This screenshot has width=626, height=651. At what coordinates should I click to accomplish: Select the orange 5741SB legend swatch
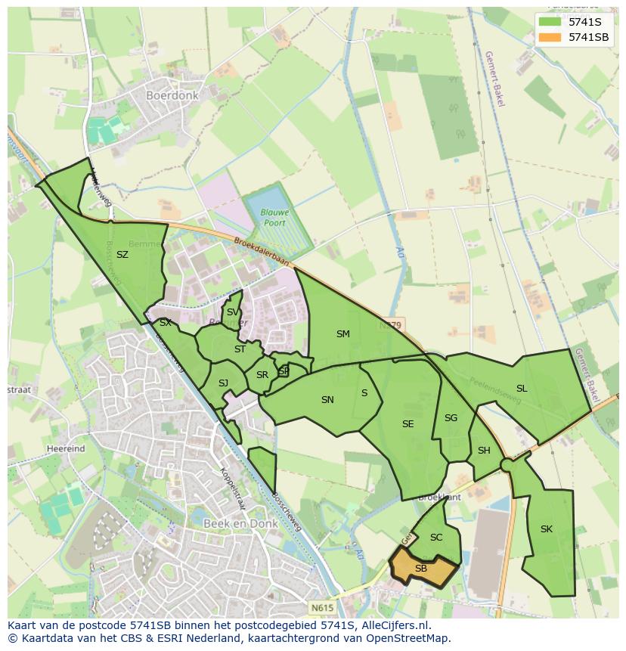550,37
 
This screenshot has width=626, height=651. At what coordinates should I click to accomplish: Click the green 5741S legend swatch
550,22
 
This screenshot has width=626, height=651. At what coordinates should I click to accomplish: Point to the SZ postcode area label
122,255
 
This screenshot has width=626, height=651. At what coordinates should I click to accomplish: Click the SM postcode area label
343,333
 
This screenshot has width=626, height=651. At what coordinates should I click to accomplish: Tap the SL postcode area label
522,389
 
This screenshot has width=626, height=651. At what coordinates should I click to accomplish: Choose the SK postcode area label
547,529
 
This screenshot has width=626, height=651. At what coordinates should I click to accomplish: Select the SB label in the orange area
421,569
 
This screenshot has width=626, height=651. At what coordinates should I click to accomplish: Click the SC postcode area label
436,538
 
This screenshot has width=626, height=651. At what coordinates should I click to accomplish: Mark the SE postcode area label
408,424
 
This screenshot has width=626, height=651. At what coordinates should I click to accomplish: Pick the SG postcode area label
451,418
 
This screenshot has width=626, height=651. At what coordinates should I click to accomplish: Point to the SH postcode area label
484,451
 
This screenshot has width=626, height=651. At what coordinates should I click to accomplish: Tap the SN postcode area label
327,400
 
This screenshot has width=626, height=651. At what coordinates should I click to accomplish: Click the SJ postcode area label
223,383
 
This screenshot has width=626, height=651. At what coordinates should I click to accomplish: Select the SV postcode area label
233,312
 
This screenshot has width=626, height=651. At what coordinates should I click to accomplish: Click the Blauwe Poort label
275,218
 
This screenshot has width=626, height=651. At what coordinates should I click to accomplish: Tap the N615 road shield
321,606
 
